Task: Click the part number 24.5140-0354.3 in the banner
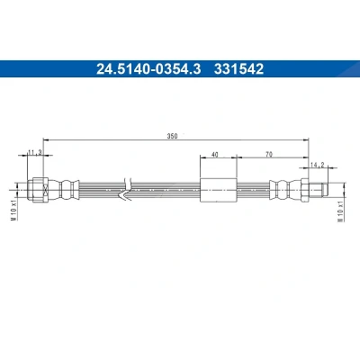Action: (x=148, y=69)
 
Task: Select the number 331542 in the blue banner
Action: (x=238, y=69)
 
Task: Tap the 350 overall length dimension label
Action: (x=172, y=136)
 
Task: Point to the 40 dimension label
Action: (x=215, y=155)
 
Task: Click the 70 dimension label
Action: (x=269, y=155)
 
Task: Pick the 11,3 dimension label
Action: (x=34, y=153)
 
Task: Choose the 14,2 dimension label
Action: (x=317, y=165)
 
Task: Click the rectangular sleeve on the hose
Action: (x=219, y=190)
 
